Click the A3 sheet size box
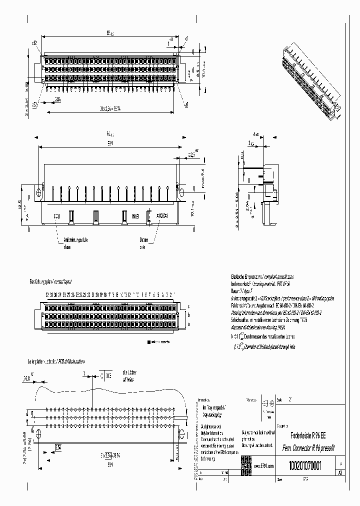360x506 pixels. click(x=340, y=472)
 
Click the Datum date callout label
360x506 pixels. click(x=144, y=243)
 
